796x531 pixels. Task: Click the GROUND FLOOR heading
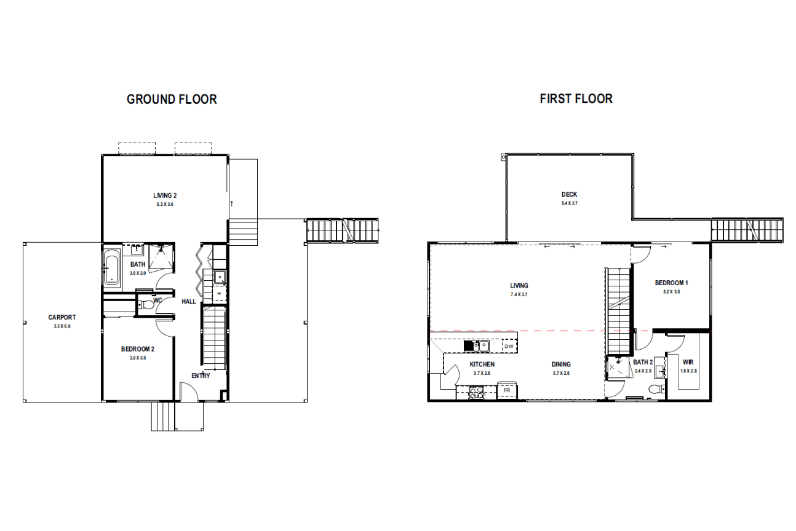pos(172,99)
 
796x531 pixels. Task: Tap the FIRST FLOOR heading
pos(576,99)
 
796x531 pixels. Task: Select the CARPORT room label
pos(62,317)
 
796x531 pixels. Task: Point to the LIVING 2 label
pos(165,195)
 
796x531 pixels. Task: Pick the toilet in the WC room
pos(146,305)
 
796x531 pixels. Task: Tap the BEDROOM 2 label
pos(138,349)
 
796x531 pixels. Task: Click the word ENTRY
pos(201,376)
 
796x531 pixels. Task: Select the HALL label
pos(189,301)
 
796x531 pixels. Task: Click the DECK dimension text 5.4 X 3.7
pos(569,203)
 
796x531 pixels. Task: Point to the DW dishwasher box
pos(509,346)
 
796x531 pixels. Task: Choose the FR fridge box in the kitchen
pos(507,390)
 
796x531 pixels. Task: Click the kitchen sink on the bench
pos(477,346)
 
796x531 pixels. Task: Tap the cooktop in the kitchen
pos(477,393)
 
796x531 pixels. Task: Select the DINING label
pos(561,364)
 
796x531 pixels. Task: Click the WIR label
pos(688,362)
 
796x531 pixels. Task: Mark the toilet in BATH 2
pos(657,389)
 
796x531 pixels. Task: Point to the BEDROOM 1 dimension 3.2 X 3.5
pos(671,292)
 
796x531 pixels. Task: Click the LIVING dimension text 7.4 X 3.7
pos(519,294)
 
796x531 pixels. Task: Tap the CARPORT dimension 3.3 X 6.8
pos(62,326)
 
